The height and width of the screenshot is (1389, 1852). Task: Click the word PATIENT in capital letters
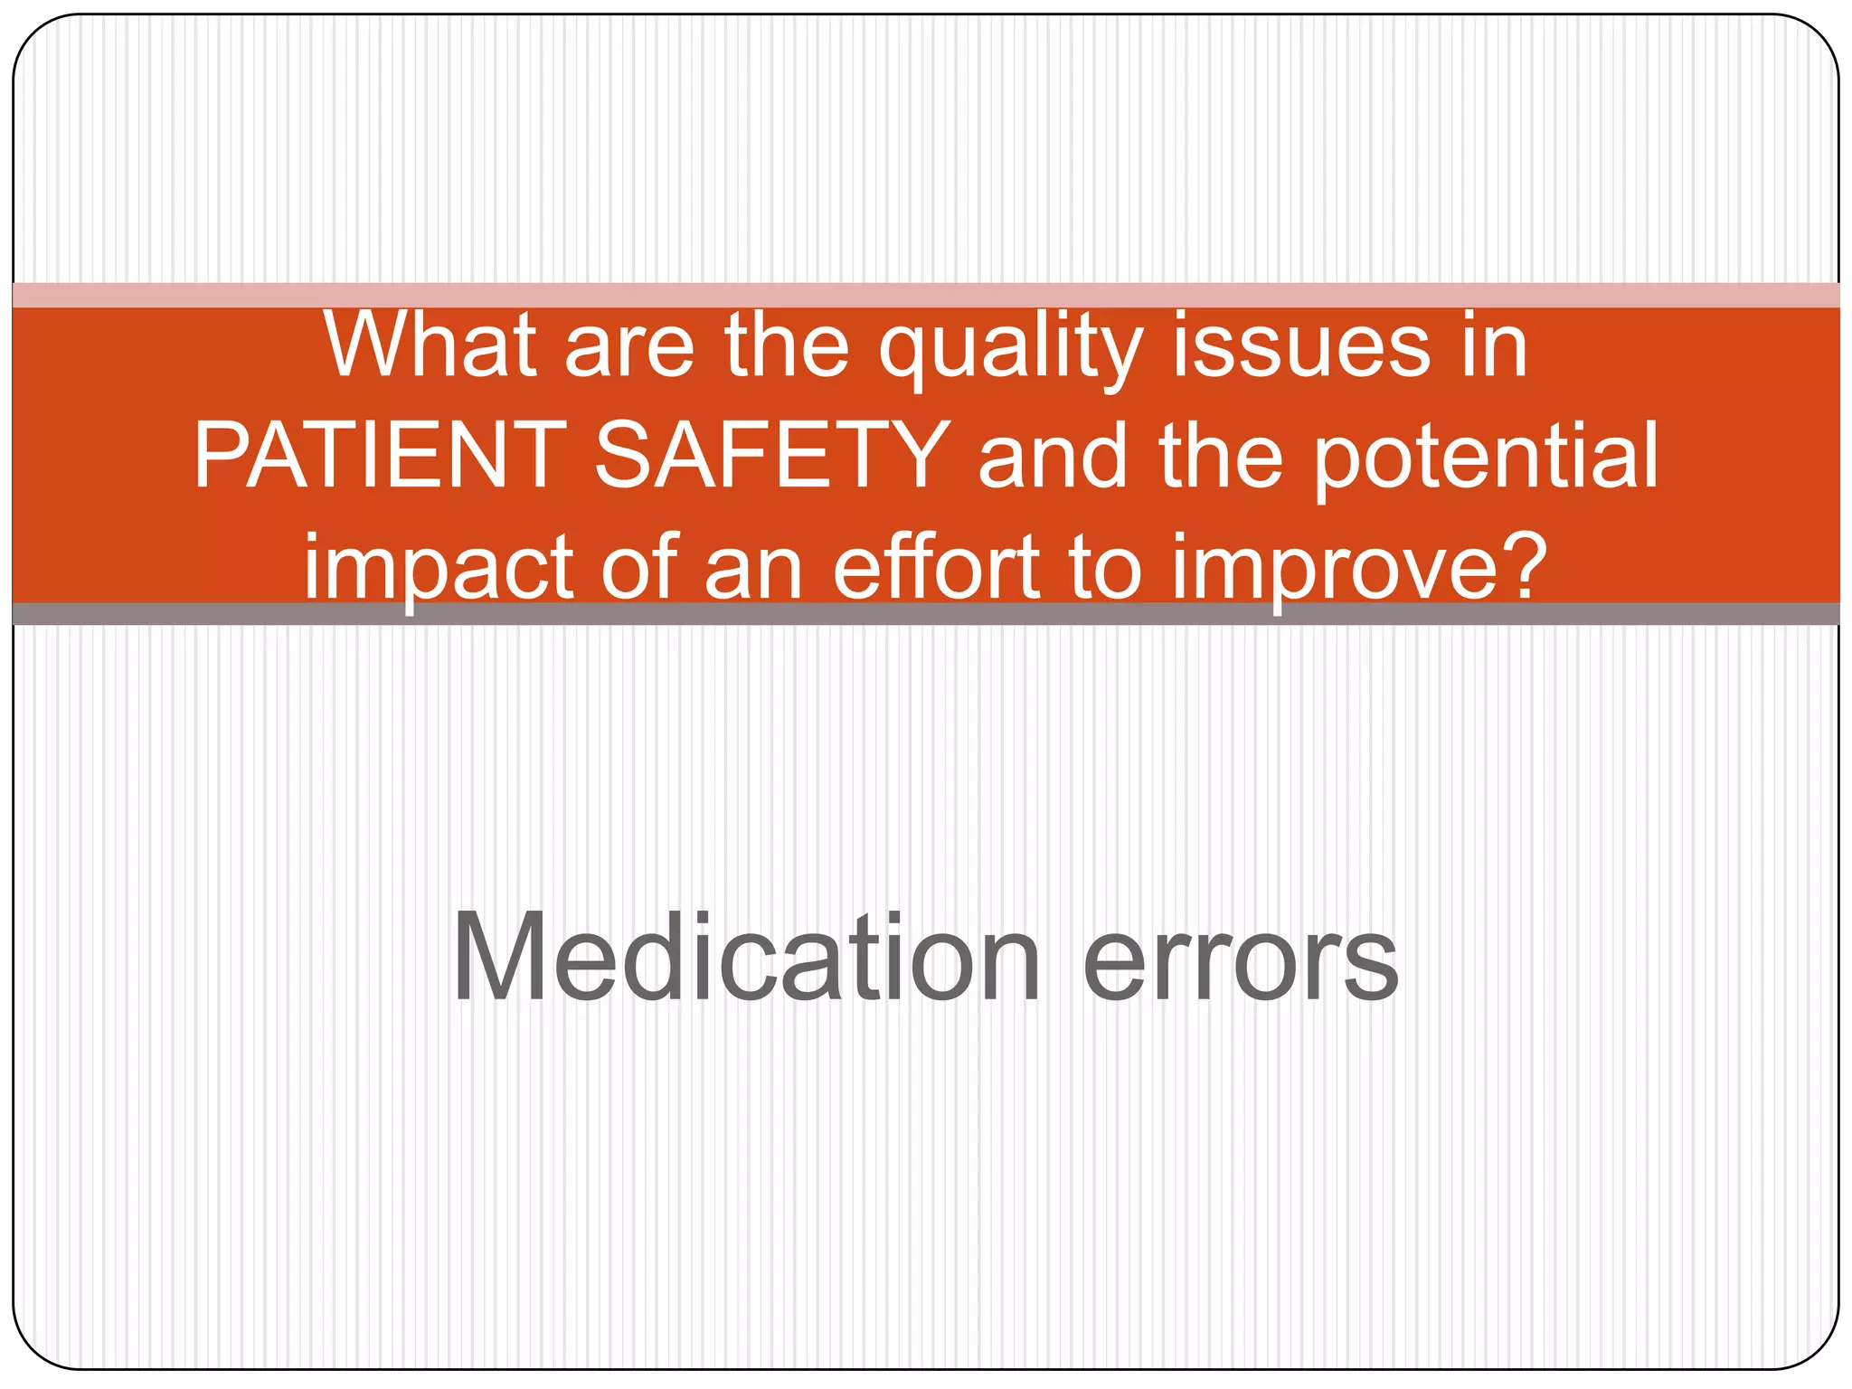[381, 456]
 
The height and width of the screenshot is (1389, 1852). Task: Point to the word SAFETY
[771, 456]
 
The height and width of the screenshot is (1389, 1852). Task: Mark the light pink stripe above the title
[926, 295]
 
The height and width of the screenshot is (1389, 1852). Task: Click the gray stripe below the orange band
[926, 614]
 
